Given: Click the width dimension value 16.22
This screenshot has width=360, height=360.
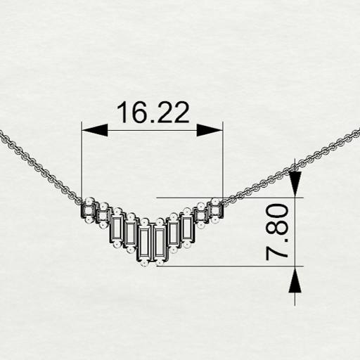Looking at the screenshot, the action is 153,112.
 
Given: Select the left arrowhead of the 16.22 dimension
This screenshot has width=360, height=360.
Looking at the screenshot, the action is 95,130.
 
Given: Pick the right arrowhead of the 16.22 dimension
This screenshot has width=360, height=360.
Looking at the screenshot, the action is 210,130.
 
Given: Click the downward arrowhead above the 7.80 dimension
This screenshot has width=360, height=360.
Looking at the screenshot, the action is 295,184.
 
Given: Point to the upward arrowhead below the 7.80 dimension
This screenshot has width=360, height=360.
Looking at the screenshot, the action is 295,280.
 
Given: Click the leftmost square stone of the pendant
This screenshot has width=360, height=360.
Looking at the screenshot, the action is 89,211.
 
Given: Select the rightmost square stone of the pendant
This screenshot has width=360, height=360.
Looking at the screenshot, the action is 216,211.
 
